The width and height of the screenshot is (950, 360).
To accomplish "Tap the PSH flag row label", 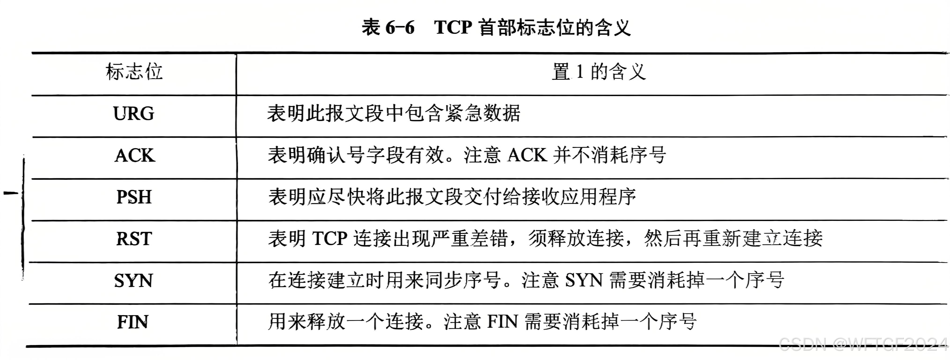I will click(x=134, y=197).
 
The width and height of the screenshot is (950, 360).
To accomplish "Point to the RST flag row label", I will click(x=134, y=239).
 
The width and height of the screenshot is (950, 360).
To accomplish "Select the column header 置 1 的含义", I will click(x=598, y=71).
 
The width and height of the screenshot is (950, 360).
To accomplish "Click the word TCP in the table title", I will click(x=453, y=27).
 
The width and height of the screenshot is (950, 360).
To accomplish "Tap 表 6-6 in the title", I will click(x=388, y=27).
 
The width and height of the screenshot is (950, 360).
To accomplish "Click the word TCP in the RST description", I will click(x=330, y=239).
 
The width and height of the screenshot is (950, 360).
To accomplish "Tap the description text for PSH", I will click(x=452, y=197).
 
